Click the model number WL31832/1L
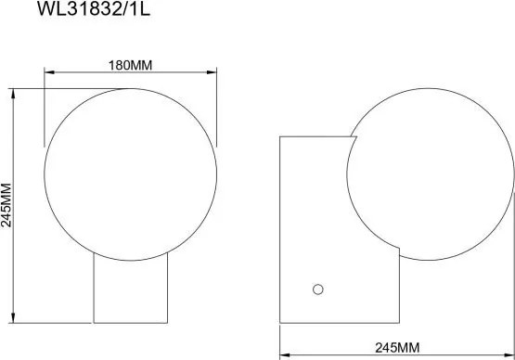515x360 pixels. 94,9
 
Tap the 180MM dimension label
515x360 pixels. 131,65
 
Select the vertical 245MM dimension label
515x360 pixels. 6,205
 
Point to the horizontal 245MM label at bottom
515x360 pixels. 397,348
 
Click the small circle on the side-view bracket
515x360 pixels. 318,289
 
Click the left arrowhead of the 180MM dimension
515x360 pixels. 49,72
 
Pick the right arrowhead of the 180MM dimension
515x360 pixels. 212,72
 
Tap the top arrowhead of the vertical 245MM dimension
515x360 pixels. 13,94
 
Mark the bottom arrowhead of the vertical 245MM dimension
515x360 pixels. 13,318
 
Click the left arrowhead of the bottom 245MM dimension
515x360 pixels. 285,355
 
